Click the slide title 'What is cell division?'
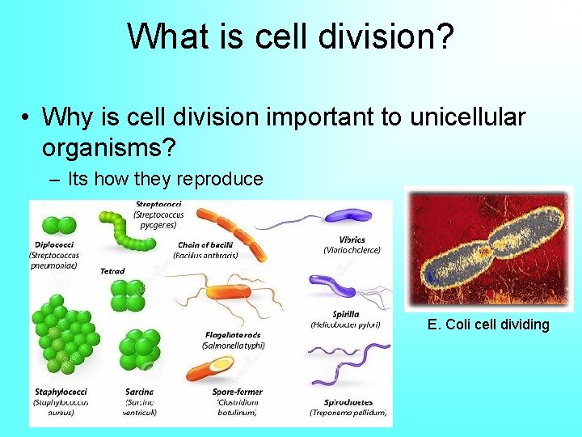(290, 36)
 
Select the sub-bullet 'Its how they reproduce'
(166, 178)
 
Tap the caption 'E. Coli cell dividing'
(488, 325)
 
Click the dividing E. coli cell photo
(488, 248)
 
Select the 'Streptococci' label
(158, 205)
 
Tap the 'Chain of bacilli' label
(205, 244)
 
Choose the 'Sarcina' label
(140, 392)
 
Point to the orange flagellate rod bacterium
(230, 293)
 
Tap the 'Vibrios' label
(352, 240)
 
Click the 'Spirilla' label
(346, 314)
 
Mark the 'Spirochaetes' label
(348, 401)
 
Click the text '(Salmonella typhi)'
(233, 345)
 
